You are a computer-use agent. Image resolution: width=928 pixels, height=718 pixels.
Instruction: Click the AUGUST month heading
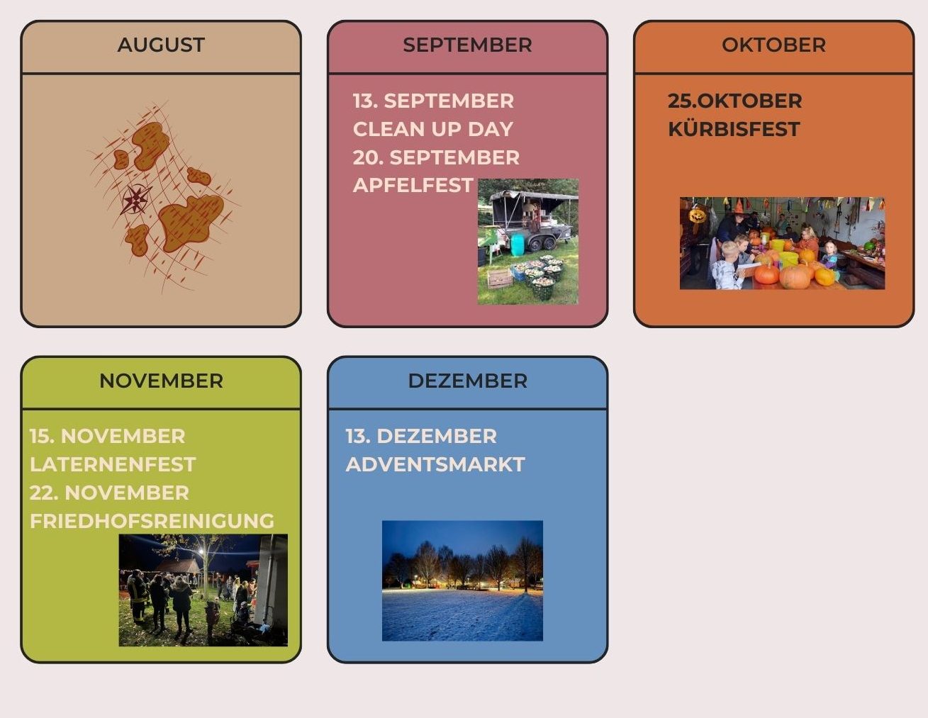[x=161, y=45]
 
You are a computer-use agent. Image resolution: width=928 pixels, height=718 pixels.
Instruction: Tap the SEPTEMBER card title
[x=467, y=45]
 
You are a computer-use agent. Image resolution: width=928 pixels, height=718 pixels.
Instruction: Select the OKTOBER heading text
[x=773, y=45]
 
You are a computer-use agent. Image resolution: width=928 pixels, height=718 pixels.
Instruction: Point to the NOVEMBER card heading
[x=161, y=381]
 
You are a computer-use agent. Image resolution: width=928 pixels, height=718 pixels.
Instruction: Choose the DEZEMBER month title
[x=467, y=381]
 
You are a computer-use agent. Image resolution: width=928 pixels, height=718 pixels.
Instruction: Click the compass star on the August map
[x=136, y=199]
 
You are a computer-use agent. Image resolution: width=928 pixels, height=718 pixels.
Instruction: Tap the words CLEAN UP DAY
[x=432, y=129]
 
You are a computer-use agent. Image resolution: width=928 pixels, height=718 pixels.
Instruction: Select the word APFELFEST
[x=413, y=185]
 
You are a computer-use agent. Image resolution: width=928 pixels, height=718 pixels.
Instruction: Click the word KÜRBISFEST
[x=734, y=129]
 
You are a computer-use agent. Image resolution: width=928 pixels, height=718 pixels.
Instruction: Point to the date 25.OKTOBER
[x=734, y=101]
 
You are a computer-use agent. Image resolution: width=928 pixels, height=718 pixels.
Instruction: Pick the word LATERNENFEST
[x=112, y=464]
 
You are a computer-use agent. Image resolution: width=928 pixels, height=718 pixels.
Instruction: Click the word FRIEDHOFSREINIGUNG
[x=152, y=521]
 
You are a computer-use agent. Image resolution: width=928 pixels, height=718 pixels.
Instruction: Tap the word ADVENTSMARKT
[x=435, y=464]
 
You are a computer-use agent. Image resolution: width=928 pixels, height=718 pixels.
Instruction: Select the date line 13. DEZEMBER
[x=420, y=436]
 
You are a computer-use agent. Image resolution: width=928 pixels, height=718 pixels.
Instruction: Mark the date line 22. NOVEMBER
[x=109, y=493]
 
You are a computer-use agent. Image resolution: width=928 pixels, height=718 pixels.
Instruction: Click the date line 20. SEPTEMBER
[x=435, y=157]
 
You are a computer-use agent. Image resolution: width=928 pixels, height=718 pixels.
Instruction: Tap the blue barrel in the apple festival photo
[x=517, y=245]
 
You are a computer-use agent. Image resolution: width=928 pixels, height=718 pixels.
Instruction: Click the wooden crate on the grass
[x=500, y=279]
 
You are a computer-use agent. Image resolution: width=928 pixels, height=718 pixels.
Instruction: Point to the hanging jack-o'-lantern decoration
[x=697, y=215]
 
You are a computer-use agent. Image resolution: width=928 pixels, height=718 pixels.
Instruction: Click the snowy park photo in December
[x=462, y=580]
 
